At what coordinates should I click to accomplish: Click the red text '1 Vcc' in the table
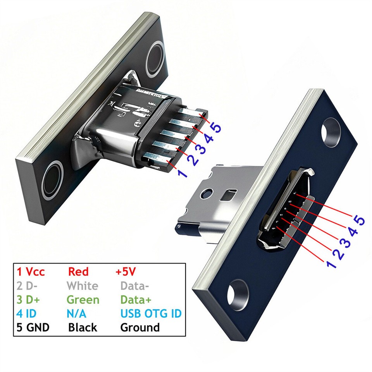point(31,272)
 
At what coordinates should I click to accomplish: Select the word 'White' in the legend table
point(82,286)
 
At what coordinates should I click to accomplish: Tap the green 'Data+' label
point(136,300)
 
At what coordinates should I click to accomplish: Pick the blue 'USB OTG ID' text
point(151,313)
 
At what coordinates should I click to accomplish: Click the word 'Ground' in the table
point(140,327)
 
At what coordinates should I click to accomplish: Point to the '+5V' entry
point(126,272)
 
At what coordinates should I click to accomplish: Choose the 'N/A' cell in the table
point(77,313)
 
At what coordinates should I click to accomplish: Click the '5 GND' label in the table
point(33,327)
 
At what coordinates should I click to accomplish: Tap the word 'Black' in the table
point(83,327)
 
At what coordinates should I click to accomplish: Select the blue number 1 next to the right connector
point(330,264)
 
